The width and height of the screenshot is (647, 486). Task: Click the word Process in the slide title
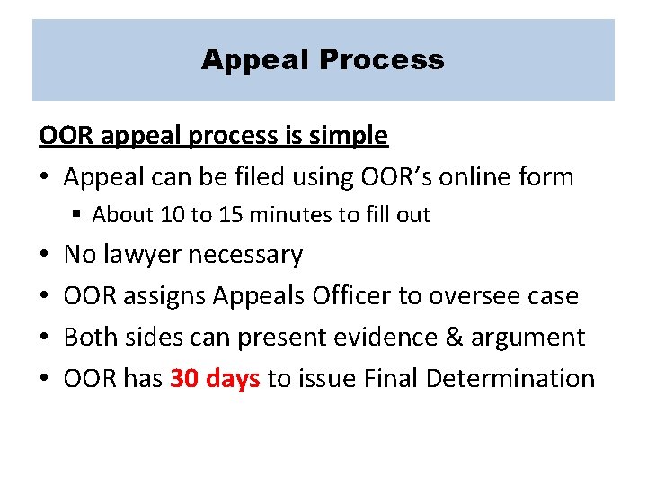click(381, 60)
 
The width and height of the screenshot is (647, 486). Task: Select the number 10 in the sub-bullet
click(168, 215)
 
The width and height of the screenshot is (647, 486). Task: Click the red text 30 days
click(215, 378)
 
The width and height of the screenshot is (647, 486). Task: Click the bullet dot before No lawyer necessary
click(45, 256)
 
